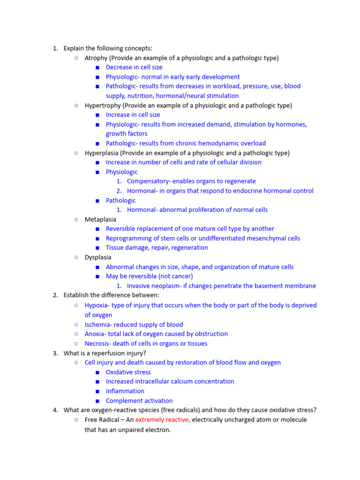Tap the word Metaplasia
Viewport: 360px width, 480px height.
coord(100,219)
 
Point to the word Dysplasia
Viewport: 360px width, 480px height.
coord(98,257)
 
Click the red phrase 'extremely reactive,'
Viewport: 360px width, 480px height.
coord(163,420)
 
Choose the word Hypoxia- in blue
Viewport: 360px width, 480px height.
coord(98,305)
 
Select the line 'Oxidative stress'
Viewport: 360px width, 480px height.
coord(128,372)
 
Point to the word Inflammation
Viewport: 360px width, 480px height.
coord(125,391)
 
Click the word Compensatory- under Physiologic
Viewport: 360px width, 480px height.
coord(151,181)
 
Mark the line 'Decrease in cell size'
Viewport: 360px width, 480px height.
coord(134,67)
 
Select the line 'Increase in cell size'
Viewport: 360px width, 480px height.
coord(133,115)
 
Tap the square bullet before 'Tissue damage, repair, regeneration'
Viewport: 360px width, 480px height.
coord(97,248)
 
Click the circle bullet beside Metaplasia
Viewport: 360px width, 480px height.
coord(76,219)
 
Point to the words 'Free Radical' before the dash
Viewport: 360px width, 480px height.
coord(102,420)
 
